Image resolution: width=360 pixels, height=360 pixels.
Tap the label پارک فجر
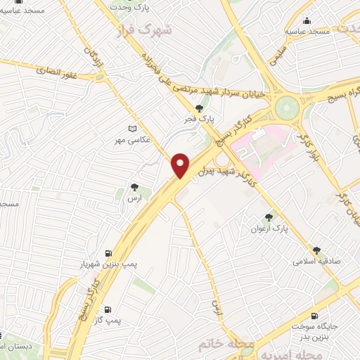[x=200, y=120]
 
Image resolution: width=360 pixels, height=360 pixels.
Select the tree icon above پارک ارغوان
[x=269, y=217]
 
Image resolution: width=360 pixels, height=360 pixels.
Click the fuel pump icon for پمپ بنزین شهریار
[x=108, y=254]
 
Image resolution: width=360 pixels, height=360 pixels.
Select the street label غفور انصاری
[x=53, y=69]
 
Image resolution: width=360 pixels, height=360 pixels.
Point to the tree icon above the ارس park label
[x=134, y=187]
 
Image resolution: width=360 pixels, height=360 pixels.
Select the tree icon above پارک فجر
[x=200, y=108]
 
